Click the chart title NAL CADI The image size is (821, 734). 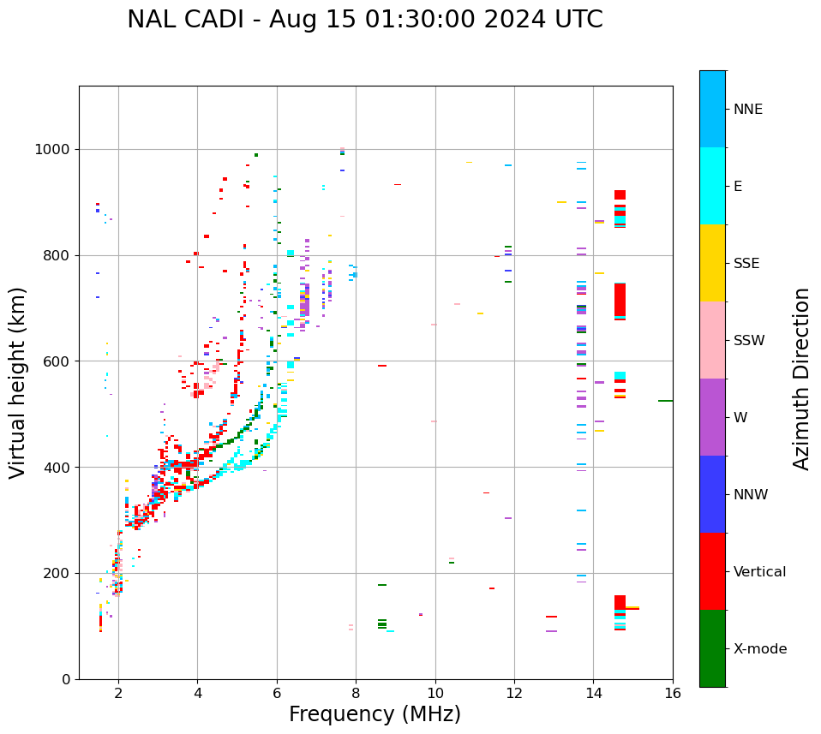[364, 20]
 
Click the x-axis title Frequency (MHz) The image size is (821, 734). [375, 714]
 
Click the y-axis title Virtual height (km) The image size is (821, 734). [18, 382]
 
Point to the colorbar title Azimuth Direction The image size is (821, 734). [801, 379]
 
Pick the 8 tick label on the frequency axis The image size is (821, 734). [356, 693]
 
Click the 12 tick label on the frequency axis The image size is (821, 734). [514, 693]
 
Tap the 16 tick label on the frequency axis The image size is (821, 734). [673, 693]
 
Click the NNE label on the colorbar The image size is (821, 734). [747, 110]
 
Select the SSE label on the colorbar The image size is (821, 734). [746, 264]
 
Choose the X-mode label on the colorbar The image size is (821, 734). [759, 649]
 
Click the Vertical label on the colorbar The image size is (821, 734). [759, 572]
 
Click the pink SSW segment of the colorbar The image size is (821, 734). [712, 340]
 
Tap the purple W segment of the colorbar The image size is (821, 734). [712, 417]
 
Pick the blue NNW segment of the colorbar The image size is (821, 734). [712, 494]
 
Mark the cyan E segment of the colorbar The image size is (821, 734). [712, 186]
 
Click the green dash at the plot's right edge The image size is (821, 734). [665, 401]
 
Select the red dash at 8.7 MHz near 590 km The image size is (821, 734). [382, 366]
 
